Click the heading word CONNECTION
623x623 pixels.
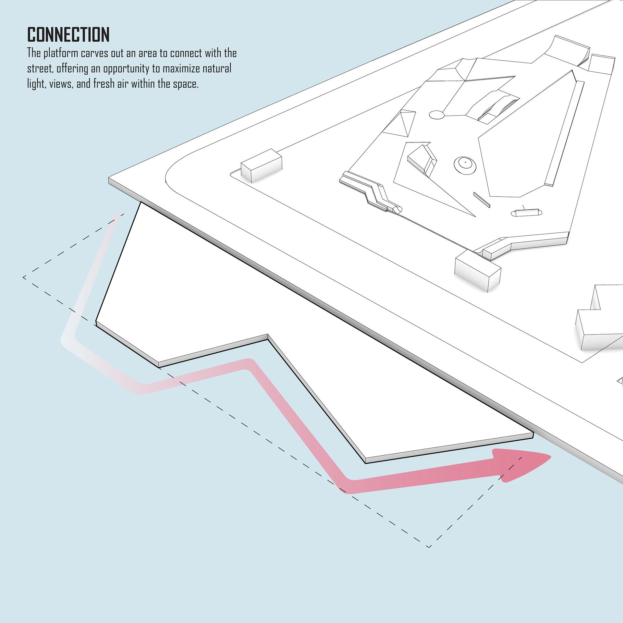click(68, 35)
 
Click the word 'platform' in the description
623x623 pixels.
click(61, 54)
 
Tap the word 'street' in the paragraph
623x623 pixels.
click(39, 69)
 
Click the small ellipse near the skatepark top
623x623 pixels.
click(436, 115)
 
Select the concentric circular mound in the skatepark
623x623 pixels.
click(465, 165)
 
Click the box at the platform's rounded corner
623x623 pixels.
click(262, 165)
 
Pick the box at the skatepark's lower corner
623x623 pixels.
click(478, 271)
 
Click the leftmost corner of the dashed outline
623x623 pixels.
click(24, 277)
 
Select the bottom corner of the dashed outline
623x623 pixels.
click(429, 547)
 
